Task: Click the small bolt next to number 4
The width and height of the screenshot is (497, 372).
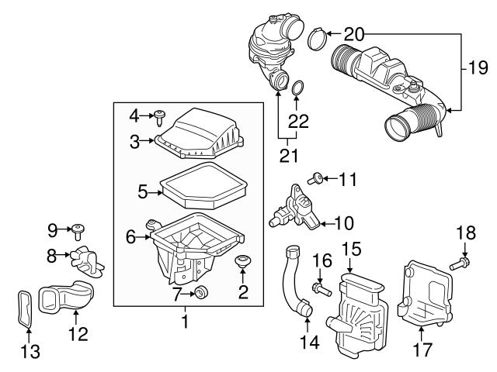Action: pyautogui.click(x=161, y=117)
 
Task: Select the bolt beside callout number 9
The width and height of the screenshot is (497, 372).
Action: pyautogui.click(x=80, y=229)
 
